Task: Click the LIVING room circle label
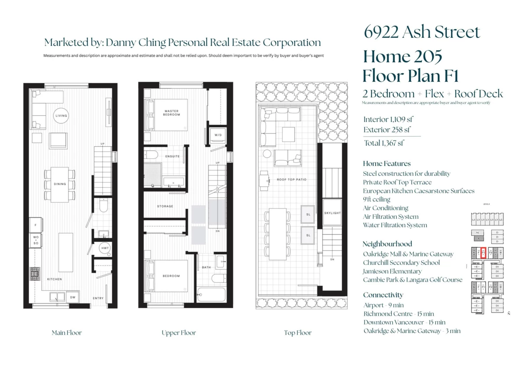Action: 61,116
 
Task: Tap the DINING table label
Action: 60,184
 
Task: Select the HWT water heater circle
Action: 105,248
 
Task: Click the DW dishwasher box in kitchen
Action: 73,297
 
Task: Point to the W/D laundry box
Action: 218,135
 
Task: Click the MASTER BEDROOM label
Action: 171,113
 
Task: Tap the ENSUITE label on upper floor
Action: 172,156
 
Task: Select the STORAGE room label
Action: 165,206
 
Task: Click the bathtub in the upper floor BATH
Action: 211,295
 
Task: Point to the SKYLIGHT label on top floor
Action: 332,213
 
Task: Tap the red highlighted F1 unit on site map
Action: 483,253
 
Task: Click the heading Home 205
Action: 403,56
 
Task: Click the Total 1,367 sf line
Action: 385,143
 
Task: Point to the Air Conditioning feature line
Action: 386,208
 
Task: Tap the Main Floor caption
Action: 66,333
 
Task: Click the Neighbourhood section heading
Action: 387,244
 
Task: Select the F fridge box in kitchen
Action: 36,225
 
